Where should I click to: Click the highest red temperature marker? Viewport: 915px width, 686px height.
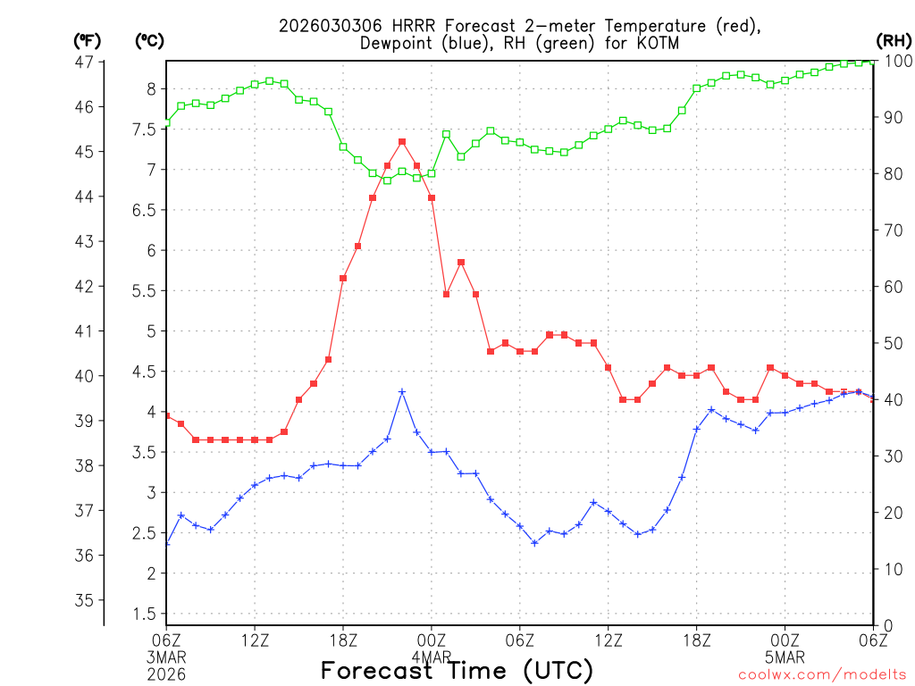click(x=402, y=142)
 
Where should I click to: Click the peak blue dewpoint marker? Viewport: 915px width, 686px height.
click(x=402, y=391)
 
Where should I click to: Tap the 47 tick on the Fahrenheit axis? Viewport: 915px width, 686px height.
click(x=85, y=62)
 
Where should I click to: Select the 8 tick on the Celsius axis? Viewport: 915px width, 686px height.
click(x=151, y=88)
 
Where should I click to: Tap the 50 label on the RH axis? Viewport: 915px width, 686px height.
click(x=891, y=343)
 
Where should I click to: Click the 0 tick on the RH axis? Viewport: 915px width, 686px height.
click(x=886, y=625)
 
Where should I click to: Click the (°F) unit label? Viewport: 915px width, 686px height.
click(x=88, y=40)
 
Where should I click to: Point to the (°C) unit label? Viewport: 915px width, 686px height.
click(x=149, y=40)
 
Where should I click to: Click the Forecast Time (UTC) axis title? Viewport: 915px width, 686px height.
click(x=457, y=670)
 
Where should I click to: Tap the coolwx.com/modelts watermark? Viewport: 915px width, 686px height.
click(x=822, y=674)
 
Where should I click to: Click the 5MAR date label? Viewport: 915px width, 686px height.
click(x=785, y=657)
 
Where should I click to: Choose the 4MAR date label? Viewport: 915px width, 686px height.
click(x=432, y=657)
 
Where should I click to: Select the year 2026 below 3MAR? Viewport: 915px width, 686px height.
click(x=166, y=674)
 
